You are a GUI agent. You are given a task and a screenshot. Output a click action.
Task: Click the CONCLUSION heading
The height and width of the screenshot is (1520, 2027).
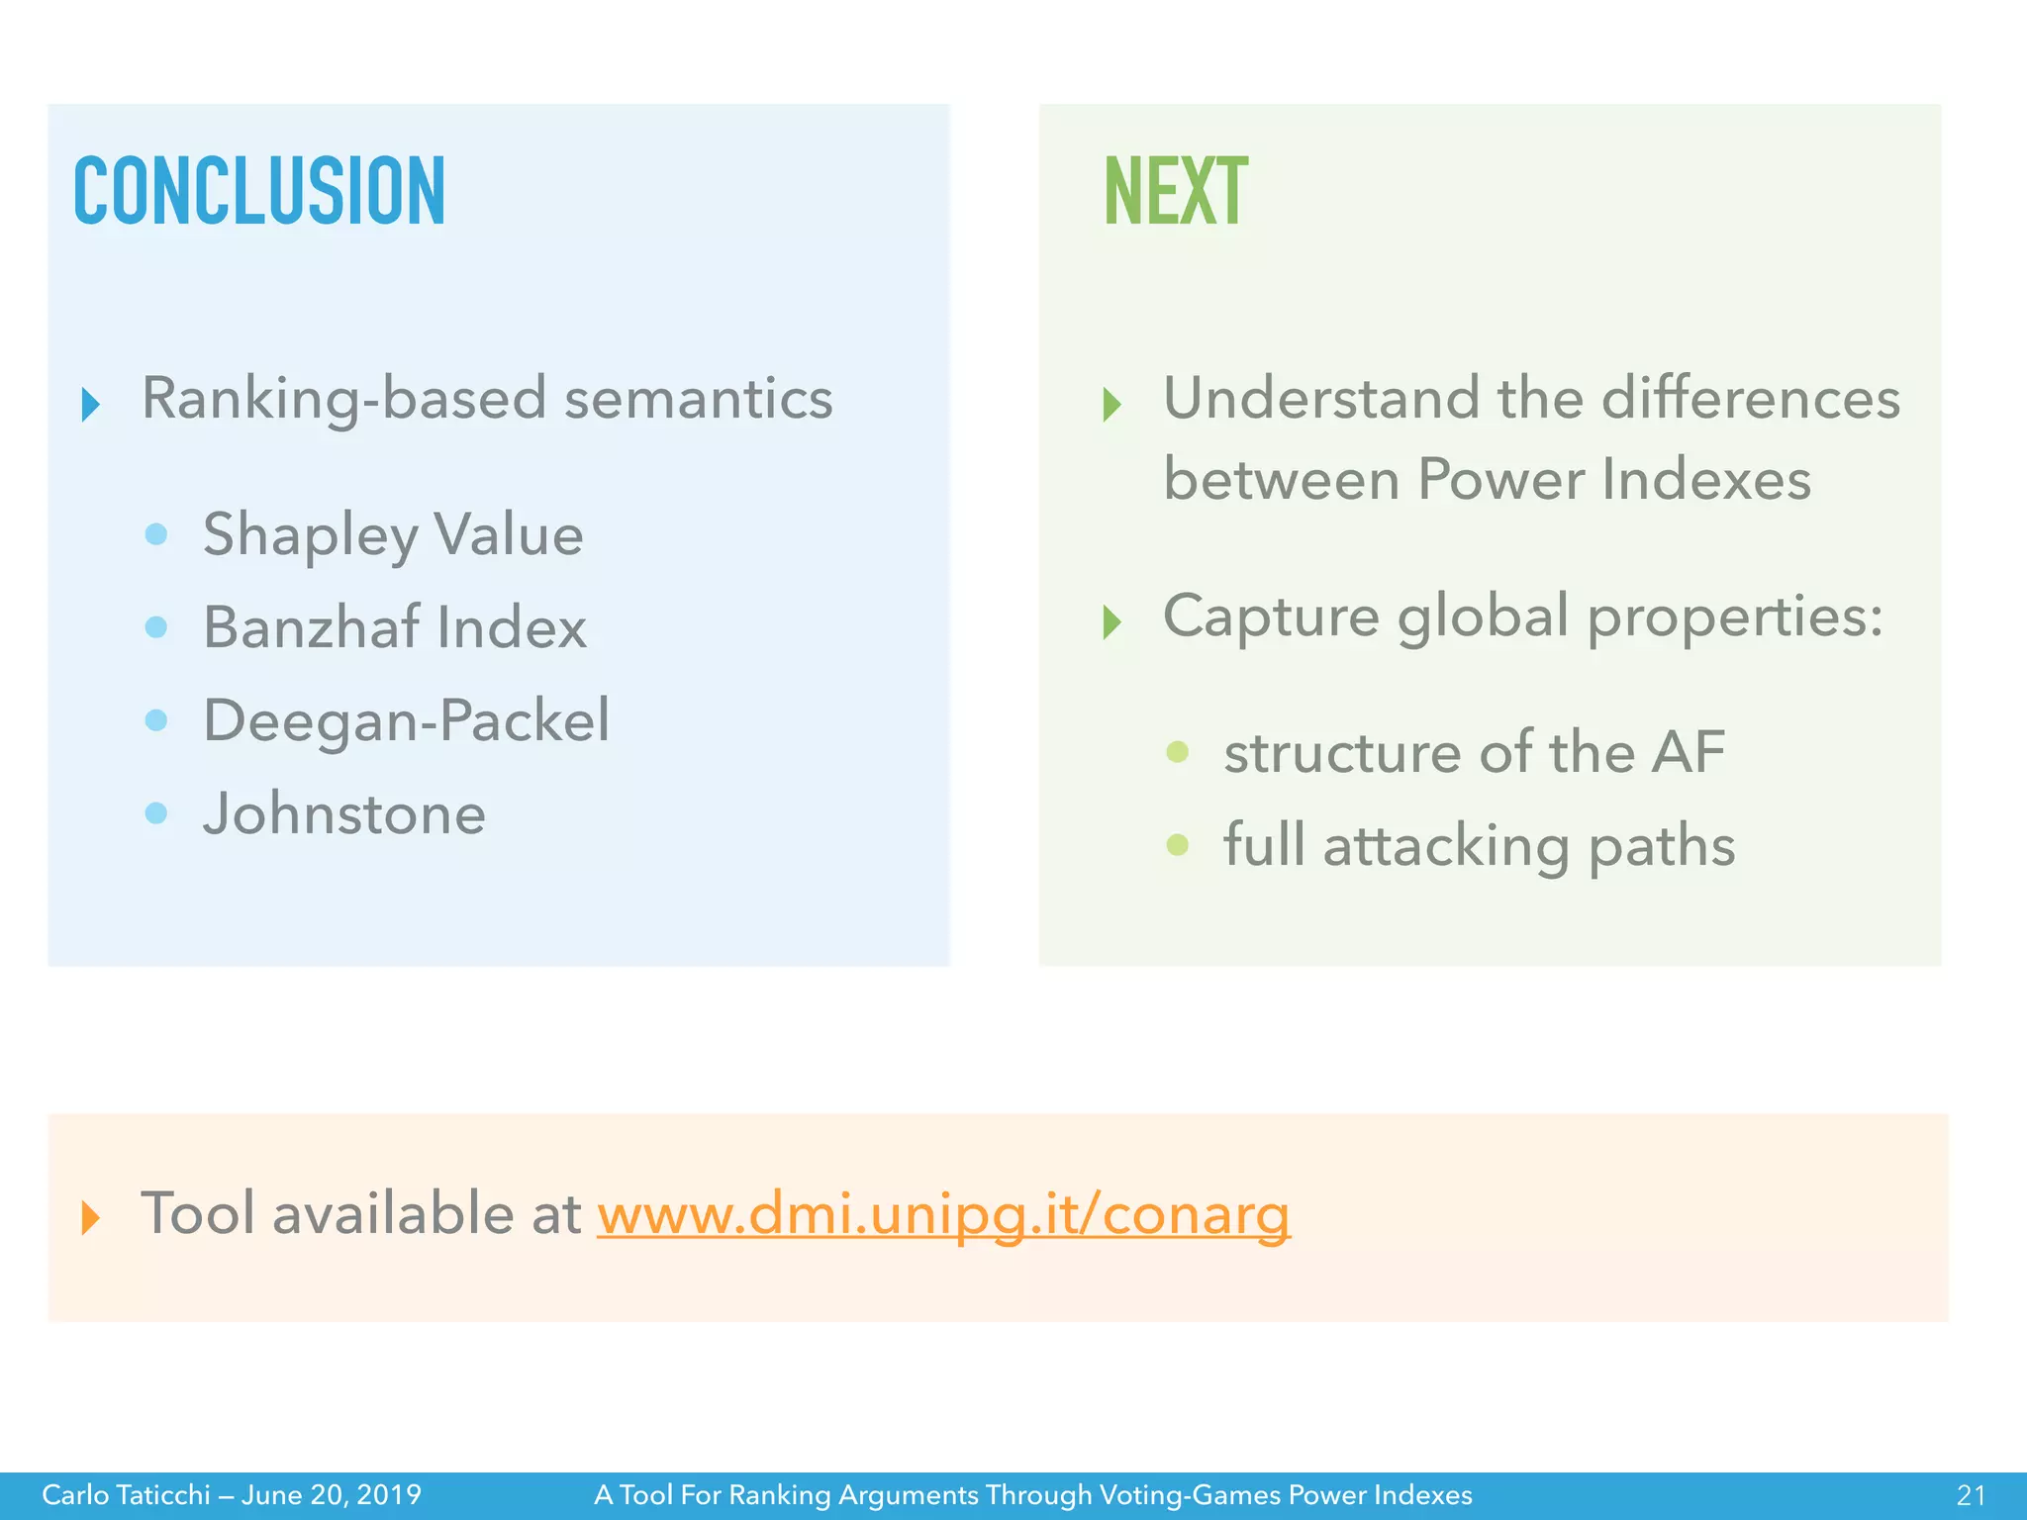(259, 190)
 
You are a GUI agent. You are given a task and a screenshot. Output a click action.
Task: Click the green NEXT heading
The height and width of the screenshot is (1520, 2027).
(1175, 190)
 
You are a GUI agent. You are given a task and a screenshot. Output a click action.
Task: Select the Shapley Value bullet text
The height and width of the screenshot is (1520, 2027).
(393, 535)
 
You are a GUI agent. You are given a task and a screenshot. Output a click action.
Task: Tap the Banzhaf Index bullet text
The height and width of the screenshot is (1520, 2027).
(395, 627)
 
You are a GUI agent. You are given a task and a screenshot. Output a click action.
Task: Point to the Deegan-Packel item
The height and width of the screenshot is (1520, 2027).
(406, 720)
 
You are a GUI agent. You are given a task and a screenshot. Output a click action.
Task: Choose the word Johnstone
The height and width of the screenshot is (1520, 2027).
(344, 813)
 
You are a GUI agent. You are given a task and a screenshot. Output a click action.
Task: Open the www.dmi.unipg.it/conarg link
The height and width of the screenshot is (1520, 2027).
(943, 1214)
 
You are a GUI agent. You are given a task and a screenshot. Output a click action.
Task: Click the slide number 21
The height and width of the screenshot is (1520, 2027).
(1971, 1494)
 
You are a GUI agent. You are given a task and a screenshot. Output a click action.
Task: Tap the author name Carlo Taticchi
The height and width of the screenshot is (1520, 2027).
(126, 1494)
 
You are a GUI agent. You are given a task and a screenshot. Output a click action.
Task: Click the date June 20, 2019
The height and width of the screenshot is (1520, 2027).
(332, 1494)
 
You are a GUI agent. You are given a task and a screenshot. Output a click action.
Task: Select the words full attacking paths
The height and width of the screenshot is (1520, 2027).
(1479, 846)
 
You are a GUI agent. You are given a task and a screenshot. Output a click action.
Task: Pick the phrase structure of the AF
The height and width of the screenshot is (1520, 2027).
(1474, 752)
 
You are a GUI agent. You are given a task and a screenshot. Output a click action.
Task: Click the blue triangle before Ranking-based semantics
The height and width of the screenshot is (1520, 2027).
(91, 404)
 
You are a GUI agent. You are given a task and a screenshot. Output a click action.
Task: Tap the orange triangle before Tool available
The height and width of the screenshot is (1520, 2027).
(91, 1217)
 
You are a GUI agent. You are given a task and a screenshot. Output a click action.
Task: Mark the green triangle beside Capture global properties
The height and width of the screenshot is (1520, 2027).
(1112, 621)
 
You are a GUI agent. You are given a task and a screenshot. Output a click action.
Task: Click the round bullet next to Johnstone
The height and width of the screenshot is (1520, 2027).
(156, 813)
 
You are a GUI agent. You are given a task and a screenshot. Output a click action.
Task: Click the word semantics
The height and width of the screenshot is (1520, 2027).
(698, 399)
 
